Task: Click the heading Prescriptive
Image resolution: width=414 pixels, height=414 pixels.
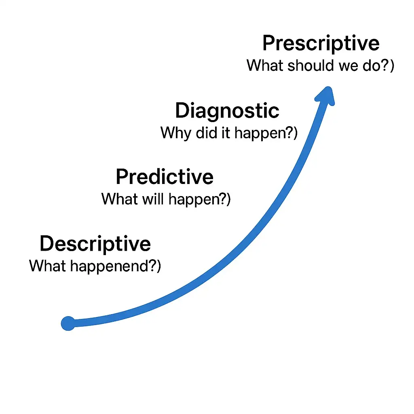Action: [x=321, y=44]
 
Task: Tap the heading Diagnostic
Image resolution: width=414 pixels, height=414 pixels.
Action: [x=227, y=111]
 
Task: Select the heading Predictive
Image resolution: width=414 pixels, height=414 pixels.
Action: [x=165, y=177]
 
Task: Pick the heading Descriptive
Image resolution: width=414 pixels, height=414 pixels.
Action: [x=95, y=244]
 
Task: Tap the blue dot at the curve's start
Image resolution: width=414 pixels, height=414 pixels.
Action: [x=68, y=323]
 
